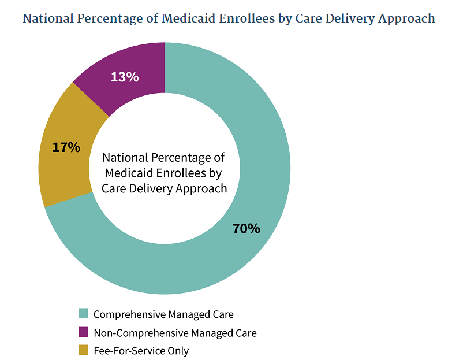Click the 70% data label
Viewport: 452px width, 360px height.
(246, 228)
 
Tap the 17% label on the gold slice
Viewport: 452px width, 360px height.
(66, 147)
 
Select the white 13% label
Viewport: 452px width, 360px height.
(125, 76)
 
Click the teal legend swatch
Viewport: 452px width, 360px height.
(83, 314)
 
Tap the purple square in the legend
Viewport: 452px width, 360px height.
(83, 332)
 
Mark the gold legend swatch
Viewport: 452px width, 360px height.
(83, 350)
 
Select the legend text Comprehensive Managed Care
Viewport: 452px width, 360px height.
(163, 314)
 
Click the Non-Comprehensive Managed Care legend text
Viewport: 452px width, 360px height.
(175, 333)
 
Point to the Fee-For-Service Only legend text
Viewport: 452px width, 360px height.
(141, 351)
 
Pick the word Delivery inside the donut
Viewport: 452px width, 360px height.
(159, 188)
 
